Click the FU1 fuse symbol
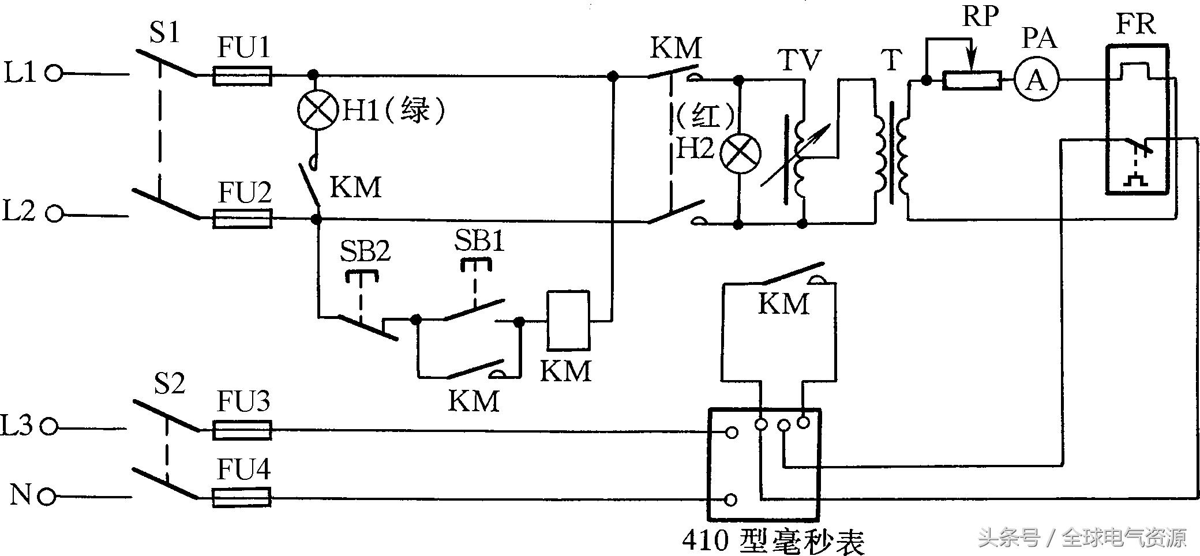[242, 76]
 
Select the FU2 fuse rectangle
[242, 219]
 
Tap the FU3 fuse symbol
[242, 430]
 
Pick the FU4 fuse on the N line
[242, 497]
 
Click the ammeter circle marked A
[1037, 80]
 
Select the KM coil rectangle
[568, 320]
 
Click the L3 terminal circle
[50, 427]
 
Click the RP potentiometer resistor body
[972, 80]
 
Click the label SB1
[479, 240]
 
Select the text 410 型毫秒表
[773, 540]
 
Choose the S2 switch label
[170, 384]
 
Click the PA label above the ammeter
[1039, 38]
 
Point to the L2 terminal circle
[54, 214]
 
